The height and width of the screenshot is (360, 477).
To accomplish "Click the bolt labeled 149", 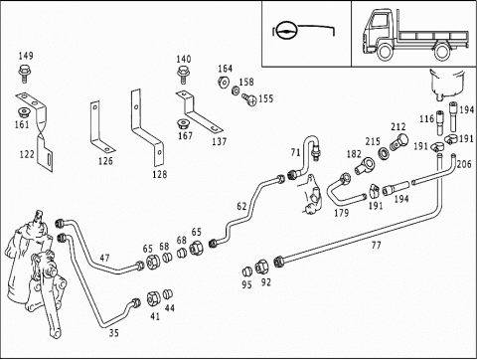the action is tap(23, 74).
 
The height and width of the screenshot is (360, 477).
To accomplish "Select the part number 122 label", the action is tap(27, 154).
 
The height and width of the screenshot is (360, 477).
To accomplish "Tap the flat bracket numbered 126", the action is tap(100, 127).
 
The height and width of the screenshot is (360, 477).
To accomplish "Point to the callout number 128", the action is tap(160, 174).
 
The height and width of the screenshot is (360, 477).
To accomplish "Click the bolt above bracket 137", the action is tap(183, 75).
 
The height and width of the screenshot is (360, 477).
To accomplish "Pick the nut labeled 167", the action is tap(182, 124).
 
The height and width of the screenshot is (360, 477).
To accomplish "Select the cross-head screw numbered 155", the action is tap(249, 99).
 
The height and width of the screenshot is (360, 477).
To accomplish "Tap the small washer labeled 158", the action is tap(236, 90).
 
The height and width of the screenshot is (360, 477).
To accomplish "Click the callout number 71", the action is tap(295, 152).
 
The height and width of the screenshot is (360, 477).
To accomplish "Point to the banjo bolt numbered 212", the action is tap(398, 143).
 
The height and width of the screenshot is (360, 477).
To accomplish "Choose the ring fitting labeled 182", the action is tap(364, 165).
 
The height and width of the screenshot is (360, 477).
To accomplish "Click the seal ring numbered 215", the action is tap(384, 153).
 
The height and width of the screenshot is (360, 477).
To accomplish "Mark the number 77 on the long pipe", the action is tap(376, 246).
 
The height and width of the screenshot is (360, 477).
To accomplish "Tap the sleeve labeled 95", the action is tap(247, 271).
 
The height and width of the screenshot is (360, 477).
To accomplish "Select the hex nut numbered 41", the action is tap(153, 298).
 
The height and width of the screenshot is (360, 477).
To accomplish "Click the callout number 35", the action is tap(113, 333).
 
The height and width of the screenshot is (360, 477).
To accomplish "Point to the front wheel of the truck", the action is tap(385, 52).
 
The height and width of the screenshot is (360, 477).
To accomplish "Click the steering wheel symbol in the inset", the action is tap(286, 31).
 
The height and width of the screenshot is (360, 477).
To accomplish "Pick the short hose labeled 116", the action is tap(440, 122).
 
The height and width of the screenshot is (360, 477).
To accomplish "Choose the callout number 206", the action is tap(464, 164).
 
